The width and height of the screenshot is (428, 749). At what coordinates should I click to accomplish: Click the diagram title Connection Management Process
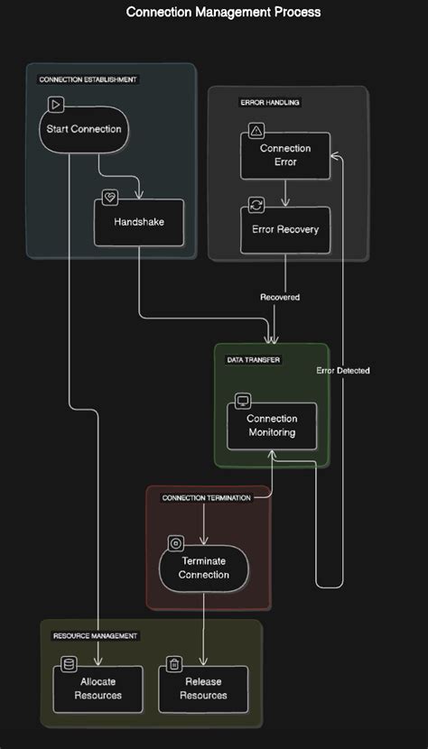(223, 13)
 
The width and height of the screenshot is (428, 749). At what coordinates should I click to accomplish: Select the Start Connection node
(84, 129)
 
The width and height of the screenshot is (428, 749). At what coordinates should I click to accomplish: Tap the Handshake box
(139, 222)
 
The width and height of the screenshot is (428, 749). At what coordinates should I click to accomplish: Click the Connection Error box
(285, 155)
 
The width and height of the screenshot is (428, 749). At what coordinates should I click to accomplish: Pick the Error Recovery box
(285, 229)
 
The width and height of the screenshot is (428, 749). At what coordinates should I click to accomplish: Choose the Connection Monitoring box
(272, 426)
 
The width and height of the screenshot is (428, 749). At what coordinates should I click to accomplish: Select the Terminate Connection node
(203, 568)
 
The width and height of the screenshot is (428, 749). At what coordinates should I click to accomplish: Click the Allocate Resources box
(98, 689)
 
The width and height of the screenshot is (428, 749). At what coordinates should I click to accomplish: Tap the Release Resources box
(203, 689)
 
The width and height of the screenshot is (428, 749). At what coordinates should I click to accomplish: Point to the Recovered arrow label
(280, 297)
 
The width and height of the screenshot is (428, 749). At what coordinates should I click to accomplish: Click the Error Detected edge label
(343, 371)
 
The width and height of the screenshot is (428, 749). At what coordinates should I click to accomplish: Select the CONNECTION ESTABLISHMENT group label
(88, 79)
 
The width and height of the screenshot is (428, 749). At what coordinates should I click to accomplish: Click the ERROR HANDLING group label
(270, 103)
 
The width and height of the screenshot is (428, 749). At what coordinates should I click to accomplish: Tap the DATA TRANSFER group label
(253, 359)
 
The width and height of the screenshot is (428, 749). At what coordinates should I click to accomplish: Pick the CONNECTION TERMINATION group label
(207, 498)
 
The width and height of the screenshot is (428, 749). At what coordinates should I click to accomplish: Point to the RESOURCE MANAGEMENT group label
(95, 636)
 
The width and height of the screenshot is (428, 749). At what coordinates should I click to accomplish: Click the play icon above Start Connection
(55, 105)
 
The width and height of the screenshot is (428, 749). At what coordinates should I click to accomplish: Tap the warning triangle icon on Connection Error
(256, 132)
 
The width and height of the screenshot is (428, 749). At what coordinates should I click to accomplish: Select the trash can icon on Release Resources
(174, 666)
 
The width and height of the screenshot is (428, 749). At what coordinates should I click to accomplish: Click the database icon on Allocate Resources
(69, 666)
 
